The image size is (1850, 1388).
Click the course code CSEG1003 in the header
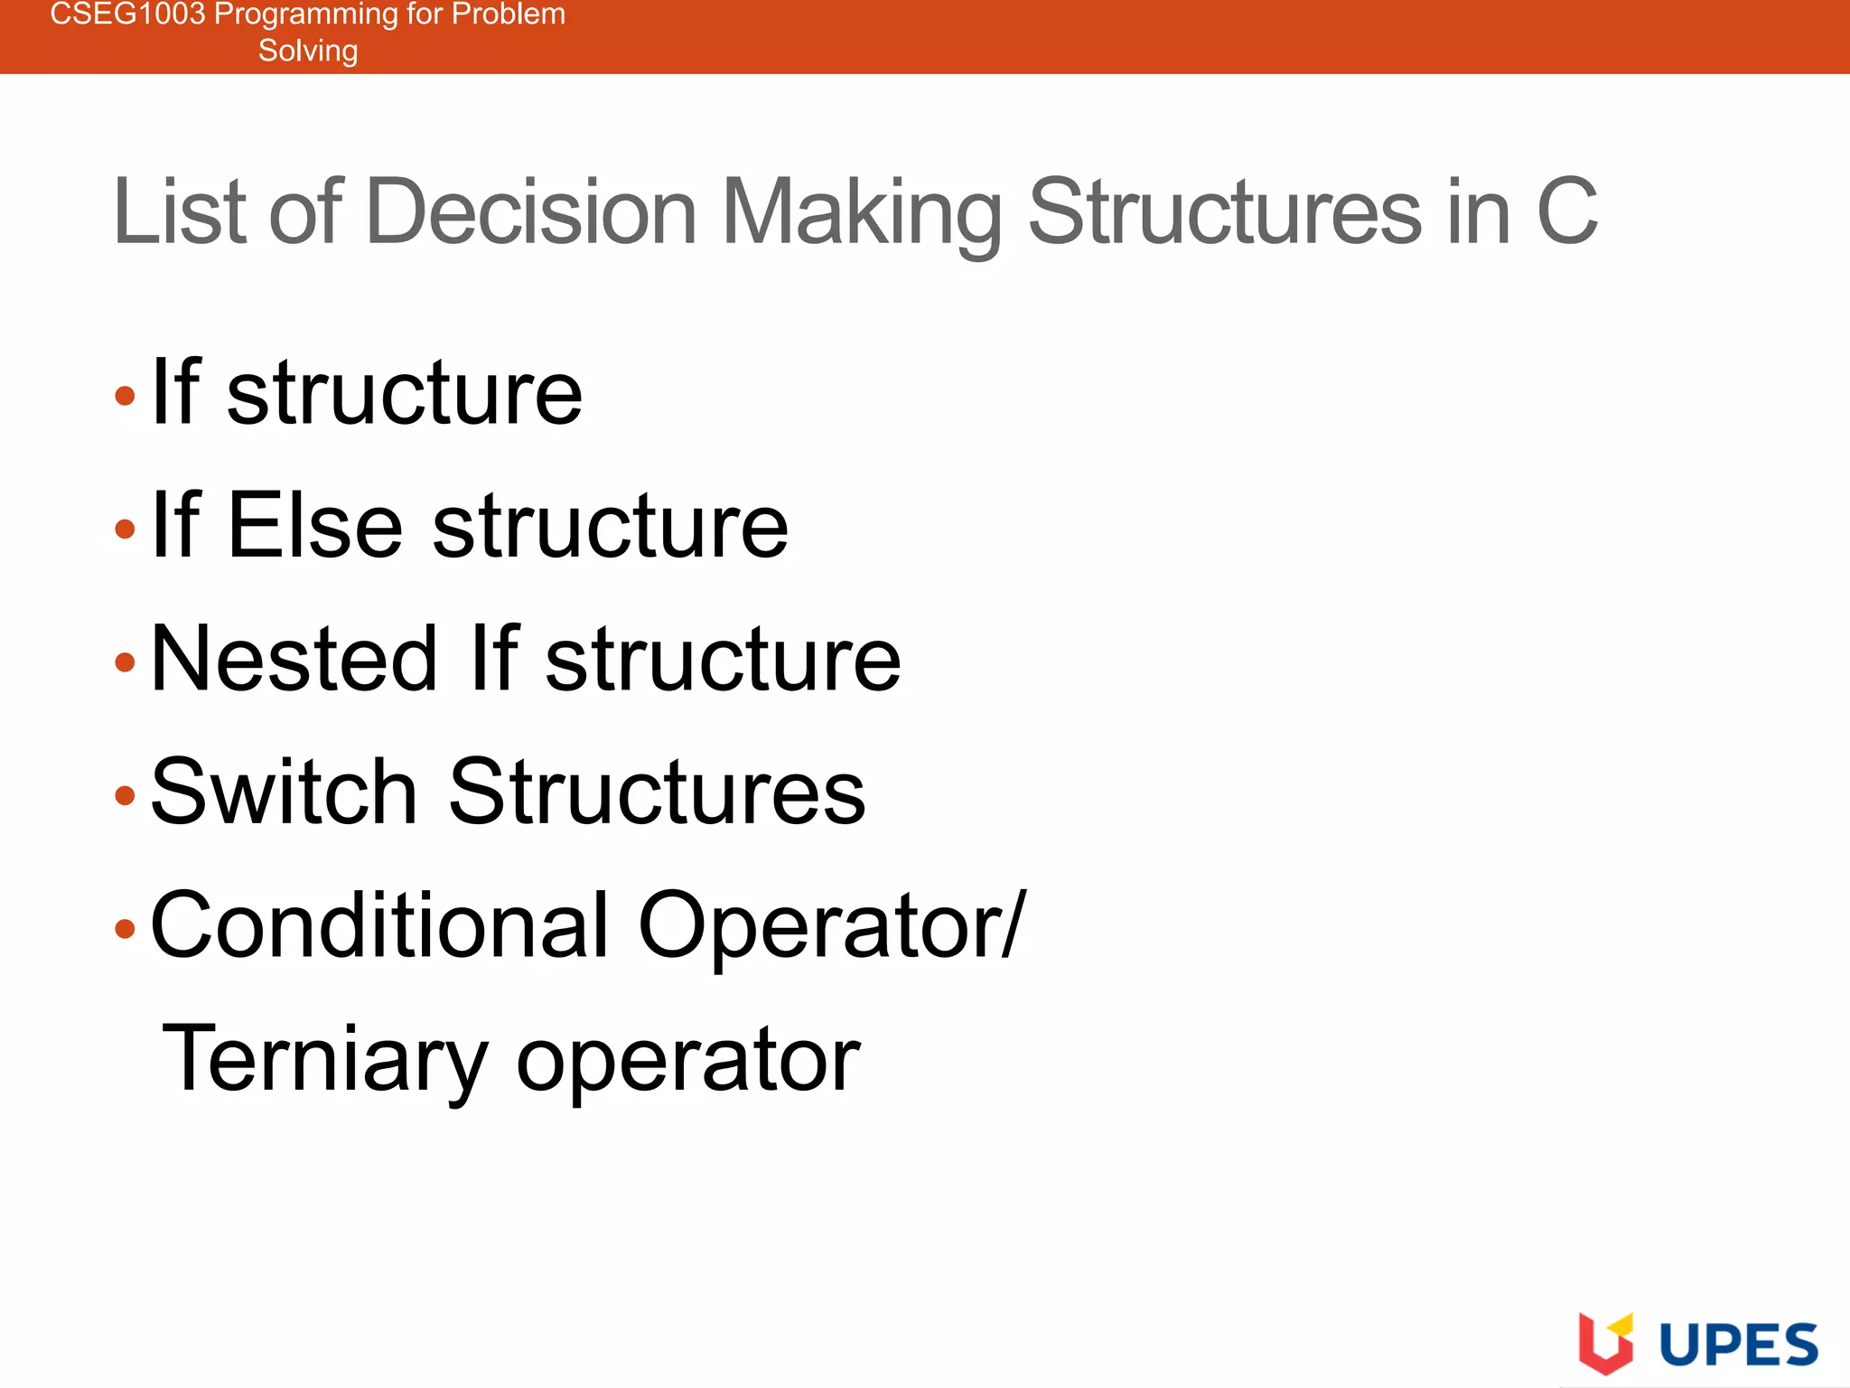pyautogui.click(x=127, y=14)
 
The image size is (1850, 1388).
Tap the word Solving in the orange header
pyautogui.click(x=308, y=51)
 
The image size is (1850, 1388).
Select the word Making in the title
pyautogui.click(x=862, y=213)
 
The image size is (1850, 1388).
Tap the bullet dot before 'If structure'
pyautogui.click(x=126, y=396)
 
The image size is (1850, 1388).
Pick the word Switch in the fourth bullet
pyautogui.click(x=284, y=792)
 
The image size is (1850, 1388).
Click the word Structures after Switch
pyautogui.click(x=657, y=792)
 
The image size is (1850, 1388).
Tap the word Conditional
pyautogui.click(x=379, y=925)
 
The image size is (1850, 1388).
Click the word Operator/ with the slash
pyautogui.click(x=832, y=925)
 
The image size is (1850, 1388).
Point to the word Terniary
pyautogui.click(x=325, y=1059)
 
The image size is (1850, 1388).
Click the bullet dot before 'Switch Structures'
pyautogui.click(x=126, y=796)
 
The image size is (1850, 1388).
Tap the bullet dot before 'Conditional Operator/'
pyautogui.click(x=126, y=929)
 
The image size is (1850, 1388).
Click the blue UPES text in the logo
pyautogui.click(x=1738, y=1345)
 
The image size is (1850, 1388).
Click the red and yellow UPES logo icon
pyautogui.click(x=1605, y=1343)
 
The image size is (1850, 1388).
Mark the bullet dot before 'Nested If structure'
pyautogui.click(x=126, y=662)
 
